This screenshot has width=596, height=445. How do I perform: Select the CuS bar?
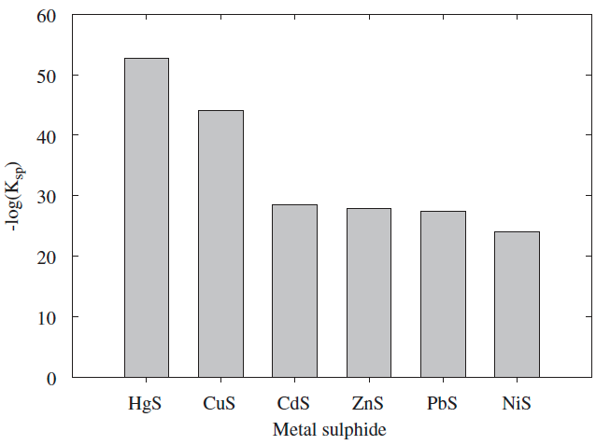click(x=220, y=243)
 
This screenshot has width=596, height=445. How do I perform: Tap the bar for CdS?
click(x=294, y=291)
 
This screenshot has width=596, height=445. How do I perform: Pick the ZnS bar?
click(x=369, y=293)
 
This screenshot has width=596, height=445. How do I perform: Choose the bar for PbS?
click(x=443, y=294)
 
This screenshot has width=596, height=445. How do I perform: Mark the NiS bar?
click(x=517, y=304)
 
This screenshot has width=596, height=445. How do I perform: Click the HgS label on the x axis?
click(x=147, y=405)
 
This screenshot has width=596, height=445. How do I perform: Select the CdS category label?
click(x=294, y=405)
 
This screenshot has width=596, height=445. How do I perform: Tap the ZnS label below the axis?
click(x=368, y=405)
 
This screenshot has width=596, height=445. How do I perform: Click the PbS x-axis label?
click(x=443, y=405)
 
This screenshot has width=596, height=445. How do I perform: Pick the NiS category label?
click(x=517, y=405)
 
